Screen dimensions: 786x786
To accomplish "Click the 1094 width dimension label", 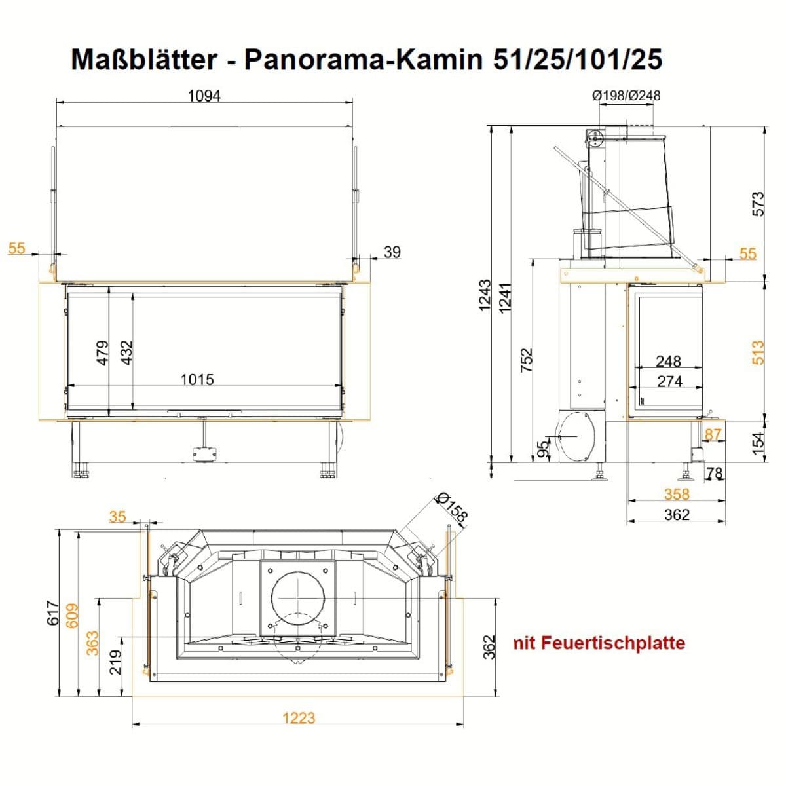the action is (x=204, y=96).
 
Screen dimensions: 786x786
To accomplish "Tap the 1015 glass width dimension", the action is (x=197, y=380).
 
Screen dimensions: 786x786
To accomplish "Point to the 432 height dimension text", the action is (x=126, y=353).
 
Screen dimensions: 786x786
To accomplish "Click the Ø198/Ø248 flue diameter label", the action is (x=626, y=96).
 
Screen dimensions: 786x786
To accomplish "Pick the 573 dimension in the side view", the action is (x=757, y=204).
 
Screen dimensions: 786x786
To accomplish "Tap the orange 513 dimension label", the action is (x=757, y=352).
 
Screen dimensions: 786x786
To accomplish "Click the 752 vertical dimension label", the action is (x=527, y=360).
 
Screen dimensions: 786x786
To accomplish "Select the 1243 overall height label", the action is (x=485, y=295).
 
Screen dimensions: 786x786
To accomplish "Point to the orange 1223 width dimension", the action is (x=299, y=718).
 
